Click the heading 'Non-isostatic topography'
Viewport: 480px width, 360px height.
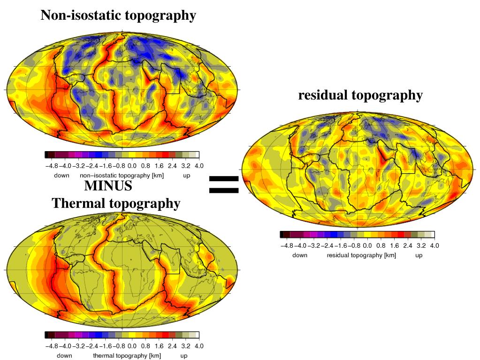point(118,15)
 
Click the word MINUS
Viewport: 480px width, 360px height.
point(108,186)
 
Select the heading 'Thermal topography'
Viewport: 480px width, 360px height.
point(116,204)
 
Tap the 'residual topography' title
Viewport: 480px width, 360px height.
point(360,95)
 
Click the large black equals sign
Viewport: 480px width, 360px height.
point(224,184)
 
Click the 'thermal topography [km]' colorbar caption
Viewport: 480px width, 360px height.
point(127,356)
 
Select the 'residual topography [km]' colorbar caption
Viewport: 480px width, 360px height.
point(361,255)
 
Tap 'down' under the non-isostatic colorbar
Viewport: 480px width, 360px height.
point(61,175)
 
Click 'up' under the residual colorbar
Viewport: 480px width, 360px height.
point(419,255)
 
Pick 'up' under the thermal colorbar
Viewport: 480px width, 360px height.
point(183,356)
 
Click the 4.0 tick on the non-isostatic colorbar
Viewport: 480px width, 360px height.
point(199,166)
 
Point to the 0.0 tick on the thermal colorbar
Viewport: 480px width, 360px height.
point(132,346)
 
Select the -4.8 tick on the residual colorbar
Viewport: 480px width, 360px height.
point(287,245)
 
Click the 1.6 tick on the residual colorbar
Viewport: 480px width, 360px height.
point(394,245)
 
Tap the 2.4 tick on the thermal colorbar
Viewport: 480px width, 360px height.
point(172,346)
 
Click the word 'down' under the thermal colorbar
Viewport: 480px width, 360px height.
point(64,356)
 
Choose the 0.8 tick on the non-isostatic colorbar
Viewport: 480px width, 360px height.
point(145,166)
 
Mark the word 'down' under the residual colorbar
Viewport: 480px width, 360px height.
point(300,255)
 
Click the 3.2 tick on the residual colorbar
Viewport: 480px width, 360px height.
point(421,245)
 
